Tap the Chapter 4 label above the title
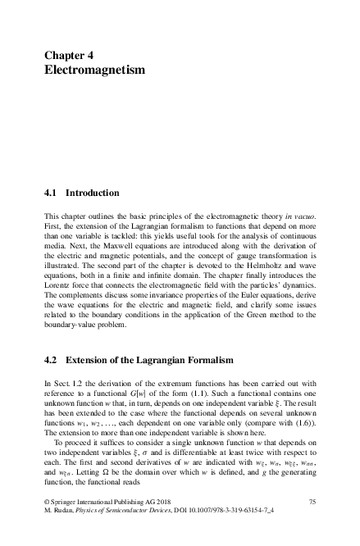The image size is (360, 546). pos(69,55)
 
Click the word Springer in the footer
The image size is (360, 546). pos(68,522)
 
